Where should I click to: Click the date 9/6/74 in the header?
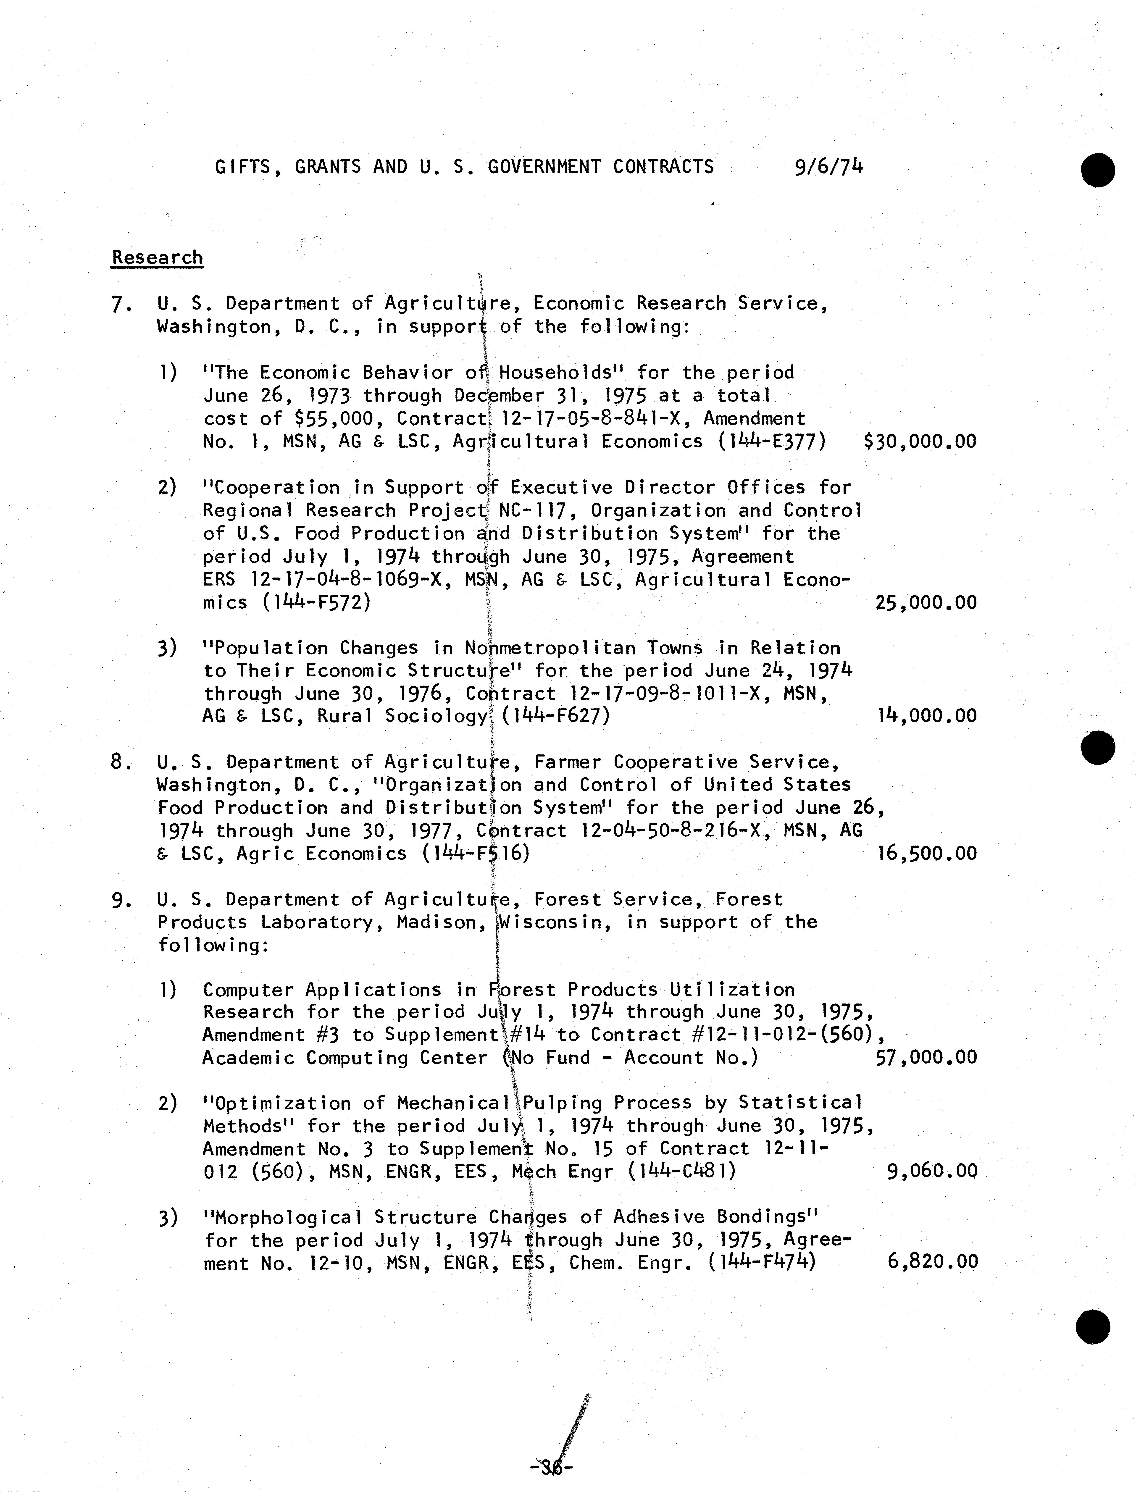click(x=829, y=166)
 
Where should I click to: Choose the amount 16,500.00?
click(x=926, y=854)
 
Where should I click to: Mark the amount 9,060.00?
click(x=932, y=1171)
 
